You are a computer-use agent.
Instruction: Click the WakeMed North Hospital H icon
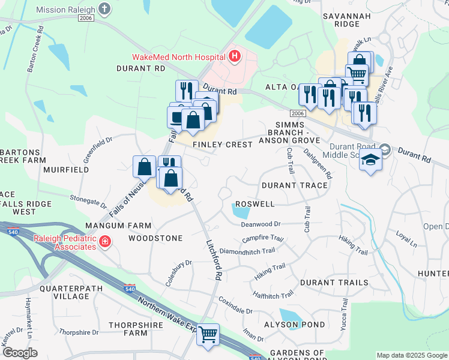235,58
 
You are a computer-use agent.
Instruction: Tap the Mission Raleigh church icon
105,9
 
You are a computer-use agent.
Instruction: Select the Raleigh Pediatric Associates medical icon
105,241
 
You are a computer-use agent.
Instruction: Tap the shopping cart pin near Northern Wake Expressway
208,334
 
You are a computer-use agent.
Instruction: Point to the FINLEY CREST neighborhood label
223,145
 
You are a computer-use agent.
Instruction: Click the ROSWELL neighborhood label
255,204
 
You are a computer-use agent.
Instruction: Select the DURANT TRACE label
295,185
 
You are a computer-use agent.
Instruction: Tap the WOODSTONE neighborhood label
155,238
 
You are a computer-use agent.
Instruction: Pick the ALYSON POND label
288,325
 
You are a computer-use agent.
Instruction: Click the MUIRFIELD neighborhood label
66,170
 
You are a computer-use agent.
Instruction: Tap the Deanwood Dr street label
261,224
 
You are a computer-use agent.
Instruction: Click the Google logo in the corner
20,353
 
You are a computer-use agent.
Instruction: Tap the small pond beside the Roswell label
241,211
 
